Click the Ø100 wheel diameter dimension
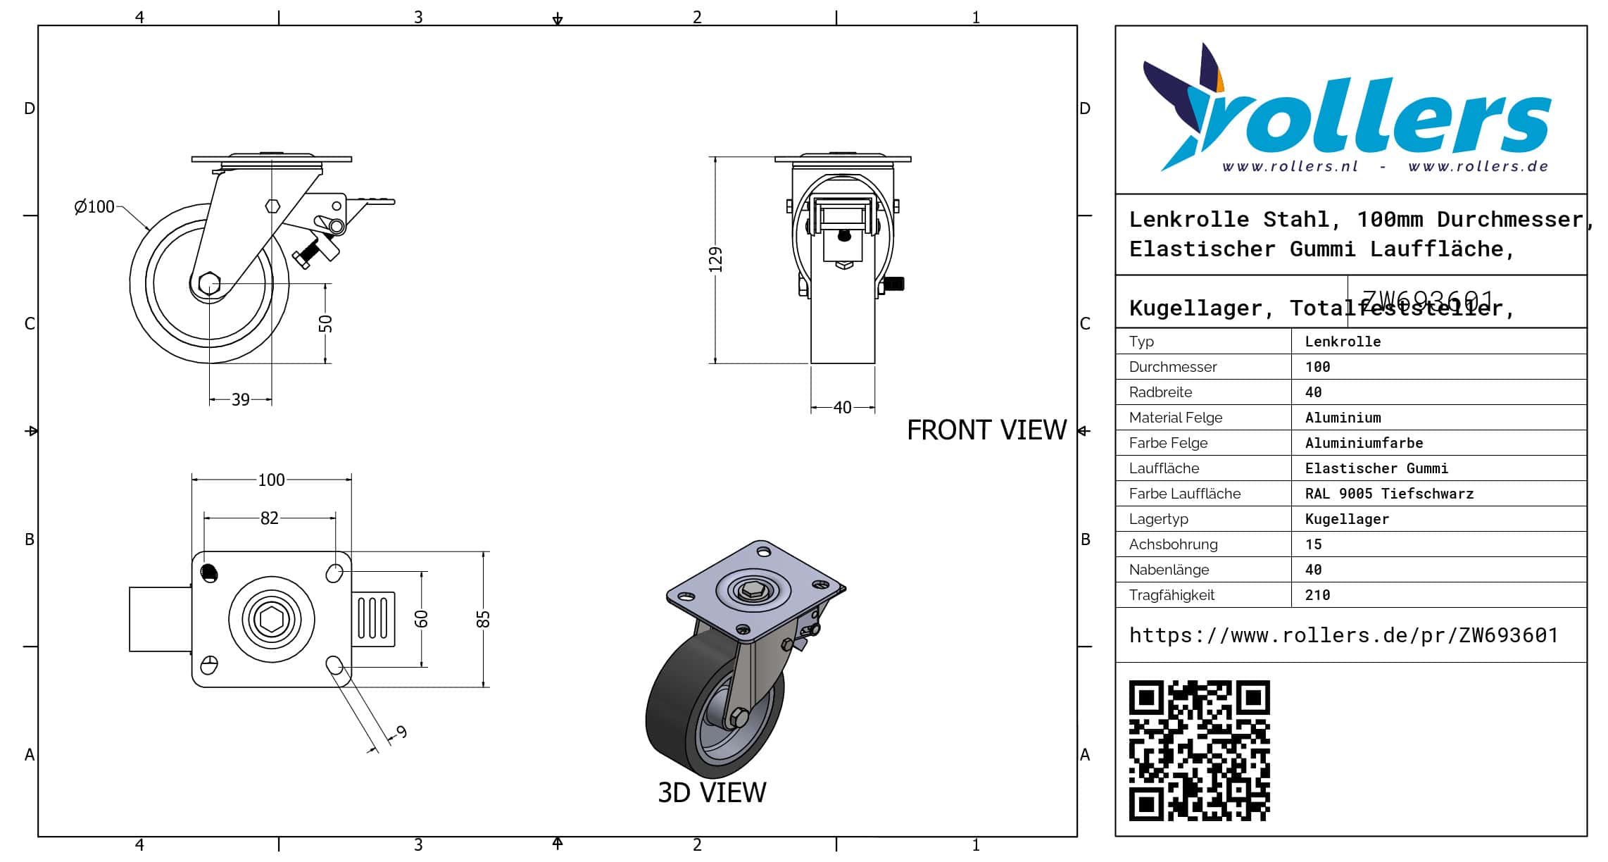click(x=95, y=206)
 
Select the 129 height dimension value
click(x=715, y=259)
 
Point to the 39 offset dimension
click(x=241, y=400)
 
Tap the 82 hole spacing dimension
click(x=269, y=518)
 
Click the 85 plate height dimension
click(x=483, y=619)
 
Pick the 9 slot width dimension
click(x=401, y=732)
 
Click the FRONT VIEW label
click(x=986, y=430)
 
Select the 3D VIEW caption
click(x=712, y=793)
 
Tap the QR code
click(x=1199, y=750)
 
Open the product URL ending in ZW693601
click(x=1343, y=635)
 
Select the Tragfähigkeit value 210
click(x=1317, y=595)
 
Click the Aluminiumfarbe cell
click(x=1364, y=443)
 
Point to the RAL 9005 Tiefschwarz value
click(x=1389, y=494)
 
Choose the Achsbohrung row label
click(x=1173, y=544)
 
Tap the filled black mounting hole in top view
click(x=209, y=572)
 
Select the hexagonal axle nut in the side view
click(x=209, y=284)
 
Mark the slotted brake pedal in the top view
click(x=373, y=618)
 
